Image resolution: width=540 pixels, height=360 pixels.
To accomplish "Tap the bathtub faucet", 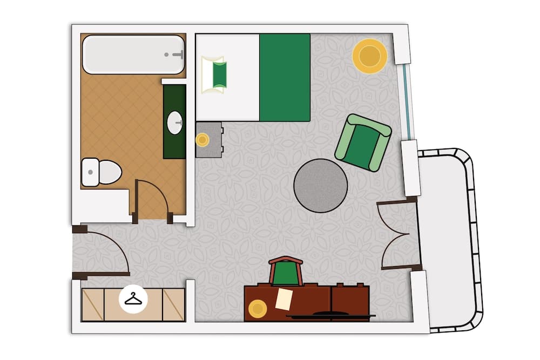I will [x=176, y=55].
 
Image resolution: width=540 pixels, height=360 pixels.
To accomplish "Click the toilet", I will [x=103, y=172].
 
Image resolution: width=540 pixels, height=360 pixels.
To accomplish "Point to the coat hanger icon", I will [x=133, y=298].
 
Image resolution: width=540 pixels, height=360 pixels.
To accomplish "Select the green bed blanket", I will [x=285, y=77].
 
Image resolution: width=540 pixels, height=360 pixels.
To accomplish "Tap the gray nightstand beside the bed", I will [x=210, y=139].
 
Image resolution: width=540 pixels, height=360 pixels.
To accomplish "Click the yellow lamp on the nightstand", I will [x=202, y=140].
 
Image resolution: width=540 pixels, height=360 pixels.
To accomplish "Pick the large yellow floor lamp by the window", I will [x=370, y=56].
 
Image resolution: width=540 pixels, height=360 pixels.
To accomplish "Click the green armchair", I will [x=362, y=142].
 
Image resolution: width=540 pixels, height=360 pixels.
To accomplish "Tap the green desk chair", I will [x=286, y=273].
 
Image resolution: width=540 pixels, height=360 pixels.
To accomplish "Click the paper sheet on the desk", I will [x=283, y=298].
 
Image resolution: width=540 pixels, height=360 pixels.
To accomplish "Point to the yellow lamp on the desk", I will [x=258, y=309].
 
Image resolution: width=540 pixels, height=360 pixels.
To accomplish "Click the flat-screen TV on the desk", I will [x=329, y=314].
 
